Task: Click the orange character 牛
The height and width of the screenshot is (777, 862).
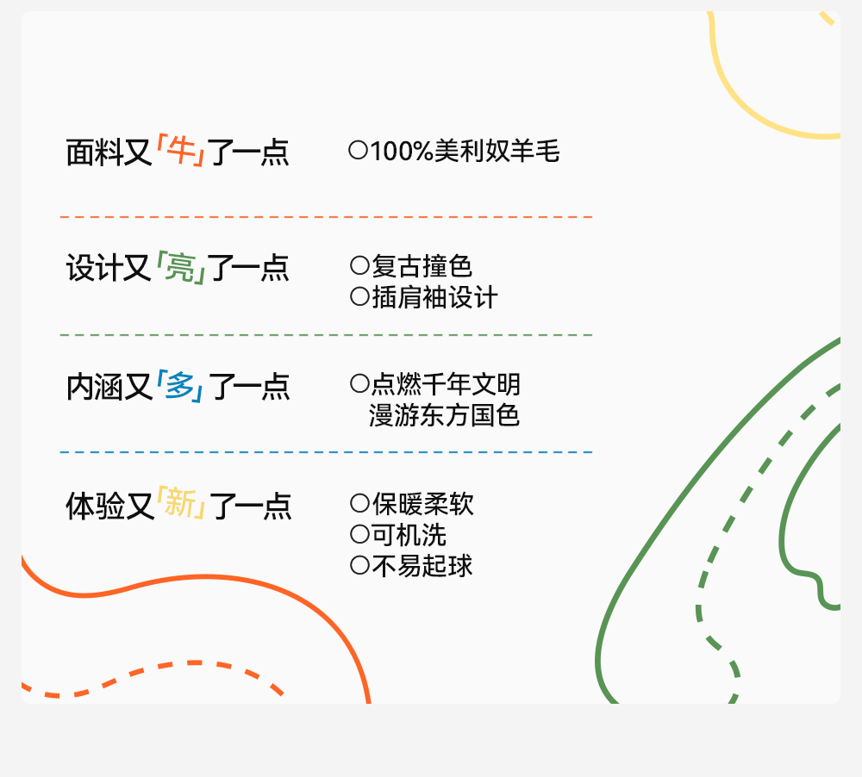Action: [x=179, y=152]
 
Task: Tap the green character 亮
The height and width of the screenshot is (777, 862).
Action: [x=179, y=268]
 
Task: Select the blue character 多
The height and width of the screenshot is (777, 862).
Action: [x=179, y=385]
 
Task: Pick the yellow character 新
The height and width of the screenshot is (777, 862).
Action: [x=180, y=503]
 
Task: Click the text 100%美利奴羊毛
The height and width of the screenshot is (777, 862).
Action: [x=465, y=152]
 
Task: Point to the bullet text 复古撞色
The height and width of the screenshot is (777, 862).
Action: [x=422, y=265]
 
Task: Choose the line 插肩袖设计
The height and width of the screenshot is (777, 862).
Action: [x=434, y=297]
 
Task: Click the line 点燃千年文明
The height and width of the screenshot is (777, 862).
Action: [x=446, y=383]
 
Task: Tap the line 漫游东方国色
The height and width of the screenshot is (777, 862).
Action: [x=445, y=415]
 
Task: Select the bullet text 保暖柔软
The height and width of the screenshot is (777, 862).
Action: [x=422, y=503]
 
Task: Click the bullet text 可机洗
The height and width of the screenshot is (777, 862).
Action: [x=409, y=534]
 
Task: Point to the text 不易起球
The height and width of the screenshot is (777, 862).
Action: [x=422, y=566]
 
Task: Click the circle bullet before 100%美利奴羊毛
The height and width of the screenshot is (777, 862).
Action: [x=358, y=151]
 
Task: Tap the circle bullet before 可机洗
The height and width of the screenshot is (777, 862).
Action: [x=359, y=534]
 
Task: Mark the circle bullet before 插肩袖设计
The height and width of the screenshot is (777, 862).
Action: [x=359, y=297]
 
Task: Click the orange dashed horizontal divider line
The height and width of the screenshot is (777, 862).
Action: [x=326, y=217]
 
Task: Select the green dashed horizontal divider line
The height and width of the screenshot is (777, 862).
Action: [x=326, y=334]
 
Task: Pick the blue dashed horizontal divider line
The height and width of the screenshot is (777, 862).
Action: [x=326, y=451]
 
